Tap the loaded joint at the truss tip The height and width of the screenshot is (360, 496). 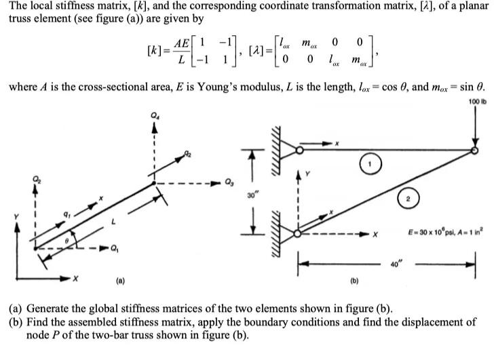(x=474, y=151)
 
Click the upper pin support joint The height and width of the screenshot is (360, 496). (x=299, y=151)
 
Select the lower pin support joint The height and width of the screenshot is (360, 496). (x=299, y=235)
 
